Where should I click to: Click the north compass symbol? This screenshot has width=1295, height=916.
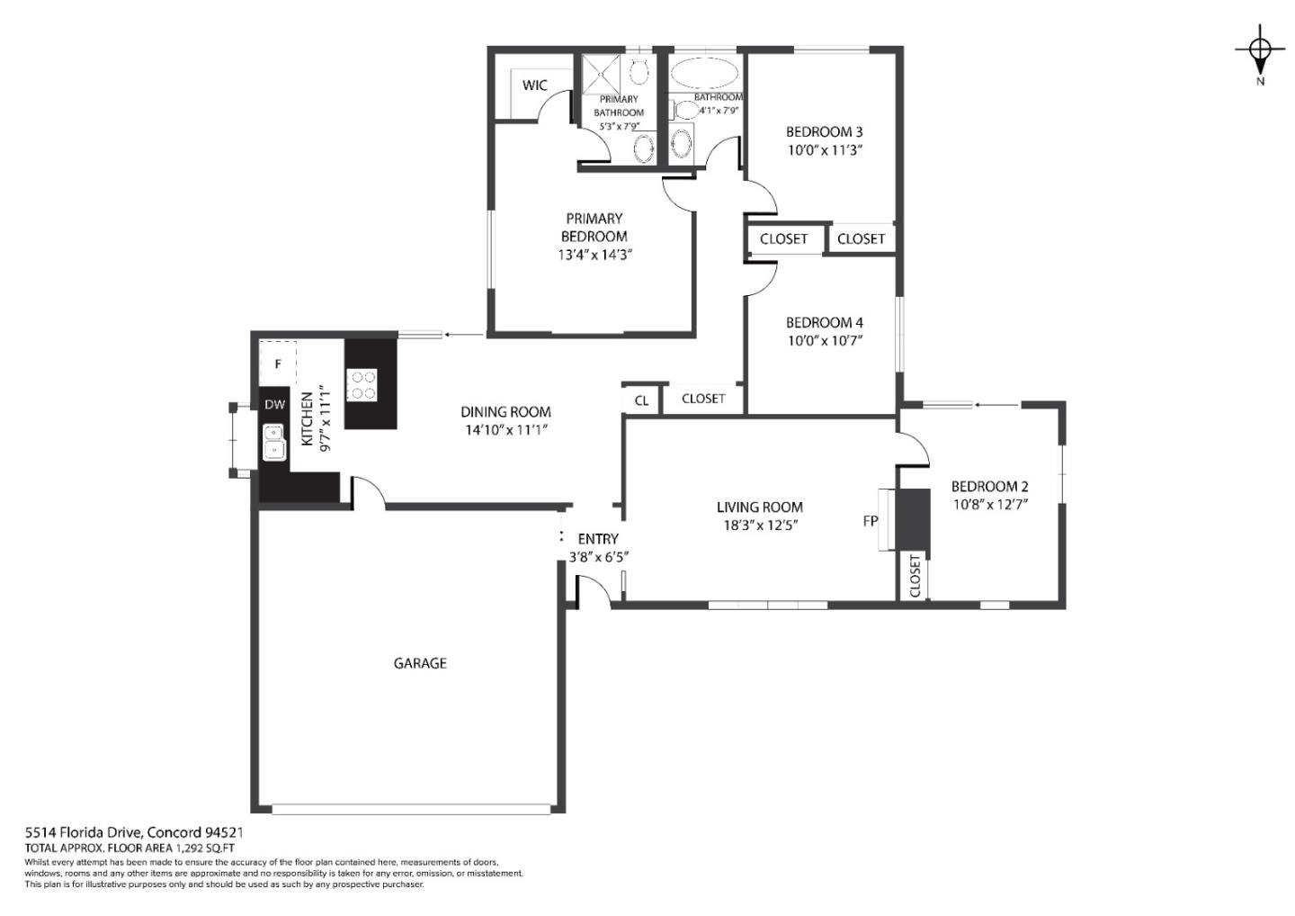click(1259, 51)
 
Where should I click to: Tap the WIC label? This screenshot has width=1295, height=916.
click(534, 85)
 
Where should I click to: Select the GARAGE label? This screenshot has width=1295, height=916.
click(420, 663)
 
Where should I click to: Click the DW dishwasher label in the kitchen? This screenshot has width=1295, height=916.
click(274, 405)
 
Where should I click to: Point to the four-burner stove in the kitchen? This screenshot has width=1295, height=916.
click(363, 385)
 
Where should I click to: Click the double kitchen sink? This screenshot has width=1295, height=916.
click(273, 443)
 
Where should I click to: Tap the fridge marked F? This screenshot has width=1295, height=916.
click(278, 364)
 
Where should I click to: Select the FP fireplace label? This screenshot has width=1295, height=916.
click(870, 520)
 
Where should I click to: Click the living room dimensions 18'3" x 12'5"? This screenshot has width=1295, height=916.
click(760, 525)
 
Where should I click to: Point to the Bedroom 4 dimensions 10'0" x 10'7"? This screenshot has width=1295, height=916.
click(824, 340)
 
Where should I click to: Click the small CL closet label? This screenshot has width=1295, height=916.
click(641, 400)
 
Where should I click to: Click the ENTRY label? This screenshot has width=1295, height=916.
click(597, 539)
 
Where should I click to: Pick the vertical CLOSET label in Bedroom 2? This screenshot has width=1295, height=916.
click(915, 576)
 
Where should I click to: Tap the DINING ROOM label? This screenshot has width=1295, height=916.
click(505, 412)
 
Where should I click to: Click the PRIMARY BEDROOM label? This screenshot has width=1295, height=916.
click(594, 227)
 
